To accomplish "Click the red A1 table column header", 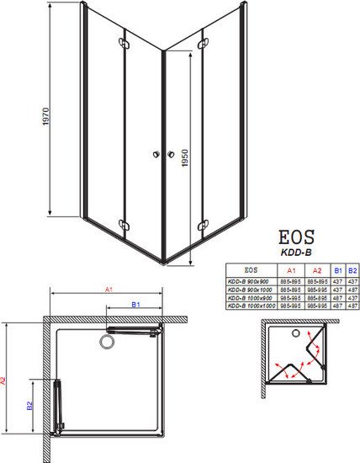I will pyautogui.click(x=291, y=269).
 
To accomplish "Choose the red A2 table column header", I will pyautogui.click(x=317, y=269).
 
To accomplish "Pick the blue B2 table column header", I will pyautogui.click(x=352, y=269).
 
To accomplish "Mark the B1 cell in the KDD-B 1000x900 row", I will pyautogui.click(x=337, y=299).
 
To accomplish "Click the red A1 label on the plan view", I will pyautogui.click(x=109, y=289).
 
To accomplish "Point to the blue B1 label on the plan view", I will pyautogui.click(x=134, y=304).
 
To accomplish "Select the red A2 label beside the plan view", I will pyautogui.click(x=5, y=381).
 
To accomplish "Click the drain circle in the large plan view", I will pyautogui.click(x=106, y=342).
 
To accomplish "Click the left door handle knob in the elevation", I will pyautogui.click(x=156, y=154).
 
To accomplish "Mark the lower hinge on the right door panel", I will pyautogui.click(x=203, y=223).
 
